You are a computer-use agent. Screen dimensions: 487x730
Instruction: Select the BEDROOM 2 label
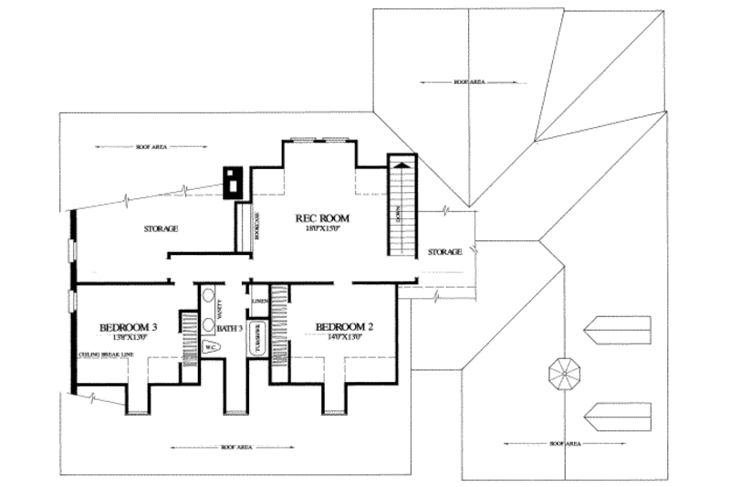344,326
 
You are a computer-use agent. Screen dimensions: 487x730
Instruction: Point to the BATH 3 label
229,327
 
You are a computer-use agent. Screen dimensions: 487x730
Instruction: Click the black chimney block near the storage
234,182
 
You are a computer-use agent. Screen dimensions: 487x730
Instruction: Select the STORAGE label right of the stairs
445,251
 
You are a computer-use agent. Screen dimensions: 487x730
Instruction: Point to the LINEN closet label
258,300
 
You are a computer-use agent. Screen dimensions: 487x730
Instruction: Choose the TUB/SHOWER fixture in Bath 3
257,338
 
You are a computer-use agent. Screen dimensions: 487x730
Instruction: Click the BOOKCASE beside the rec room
244,225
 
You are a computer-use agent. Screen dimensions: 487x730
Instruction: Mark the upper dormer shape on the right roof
619,328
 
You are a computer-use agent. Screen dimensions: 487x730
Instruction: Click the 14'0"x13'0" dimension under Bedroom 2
344,337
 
